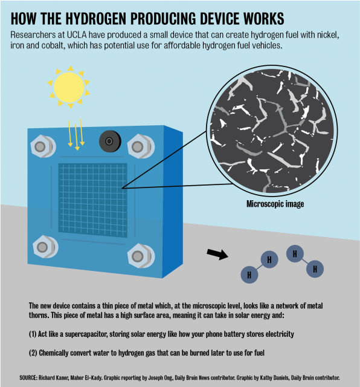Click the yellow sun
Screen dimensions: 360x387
(69, 87)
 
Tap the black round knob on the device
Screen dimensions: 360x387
(110, 141)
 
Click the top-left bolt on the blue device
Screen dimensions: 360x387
(43, 146)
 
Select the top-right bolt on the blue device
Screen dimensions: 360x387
(141, 146)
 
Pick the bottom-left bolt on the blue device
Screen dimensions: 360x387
(45, 247)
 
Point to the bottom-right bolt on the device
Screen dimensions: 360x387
(141, 256)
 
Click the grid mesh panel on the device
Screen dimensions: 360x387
(92, 200)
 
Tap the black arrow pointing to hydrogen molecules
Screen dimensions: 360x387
(217, 254)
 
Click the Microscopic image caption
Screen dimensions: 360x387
(275, 204)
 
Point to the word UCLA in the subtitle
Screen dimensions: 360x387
(77, 35)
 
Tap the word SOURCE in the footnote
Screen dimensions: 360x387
(28, 377)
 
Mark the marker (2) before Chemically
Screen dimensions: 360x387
(33, 353)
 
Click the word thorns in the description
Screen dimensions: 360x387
(38, 315)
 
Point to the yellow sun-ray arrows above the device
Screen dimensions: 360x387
(77, 134)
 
